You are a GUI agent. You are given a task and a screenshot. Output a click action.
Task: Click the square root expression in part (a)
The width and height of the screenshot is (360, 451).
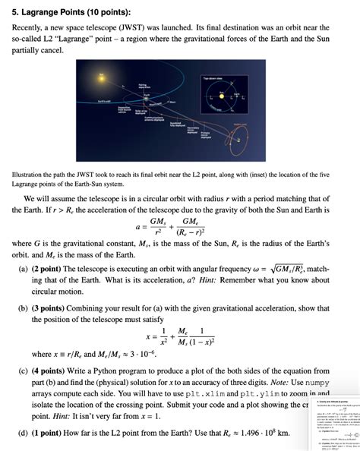289,268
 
